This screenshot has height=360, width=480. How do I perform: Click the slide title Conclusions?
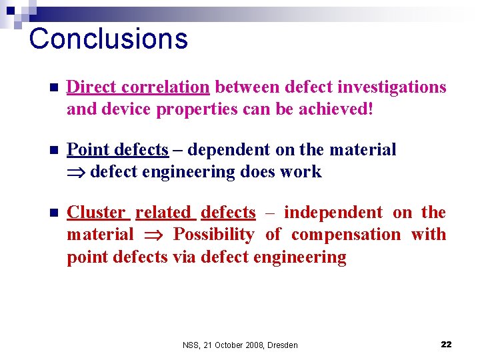coord(109,39)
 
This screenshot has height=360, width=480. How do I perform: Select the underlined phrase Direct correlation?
coord(138,87)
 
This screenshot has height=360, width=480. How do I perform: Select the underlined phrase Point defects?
coord(117,150)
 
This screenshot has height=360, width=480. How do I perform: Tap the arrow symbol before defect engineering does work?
coord(76,172)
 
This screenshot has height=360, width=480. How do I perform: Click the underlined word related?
coord(163,213)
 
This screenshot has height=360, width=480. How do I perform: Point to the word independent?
coord(333,213)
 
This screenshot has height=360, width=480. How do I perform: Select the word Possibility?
coord(213,235)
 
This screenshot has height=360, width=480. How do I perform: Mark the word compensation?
coord(346,235)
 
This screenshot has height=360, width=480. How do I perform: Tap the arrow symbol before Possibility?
coord(153,235)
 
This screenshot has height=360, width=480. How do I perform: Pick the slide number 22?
coord(446,344)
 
